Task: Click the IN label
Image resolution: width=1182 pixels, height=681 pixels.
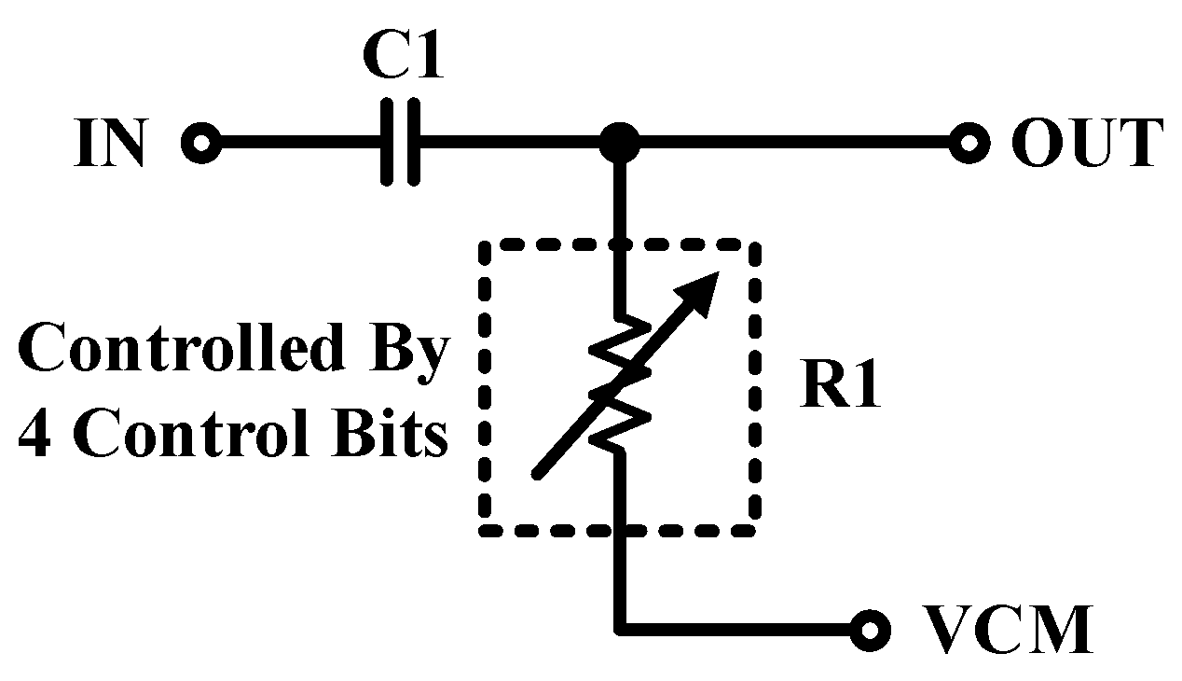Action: (111, 145)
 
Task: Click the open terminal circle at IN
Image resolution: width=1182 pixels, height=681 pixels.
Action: (200, 145)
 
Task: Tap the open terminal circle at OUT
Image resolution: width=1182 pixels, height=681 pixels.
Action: (969, 145)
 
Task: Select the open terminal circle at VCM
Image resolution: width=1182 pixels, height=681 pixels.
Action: (869, 631)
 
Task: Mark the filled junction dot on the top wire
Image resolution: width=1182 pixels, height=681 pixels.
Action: (618, 144)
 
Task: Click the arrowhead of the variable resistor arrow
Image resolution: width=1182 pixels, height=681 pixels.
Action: (708, 284)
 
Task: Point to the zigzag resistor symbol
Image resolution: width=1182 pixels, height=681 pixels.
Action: (618, 382)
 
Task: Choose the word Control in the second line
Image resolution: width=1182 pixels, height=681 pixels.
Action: (186, 435)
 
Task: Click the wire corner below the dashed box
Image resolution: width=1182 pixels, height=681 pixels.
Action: (618, 631)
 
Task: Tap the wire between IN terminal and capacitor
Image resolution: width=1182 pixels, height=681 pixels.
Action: (298, 145)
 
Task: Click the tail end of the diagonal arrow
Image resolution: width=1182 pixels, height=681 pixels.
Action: (536, 475)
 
